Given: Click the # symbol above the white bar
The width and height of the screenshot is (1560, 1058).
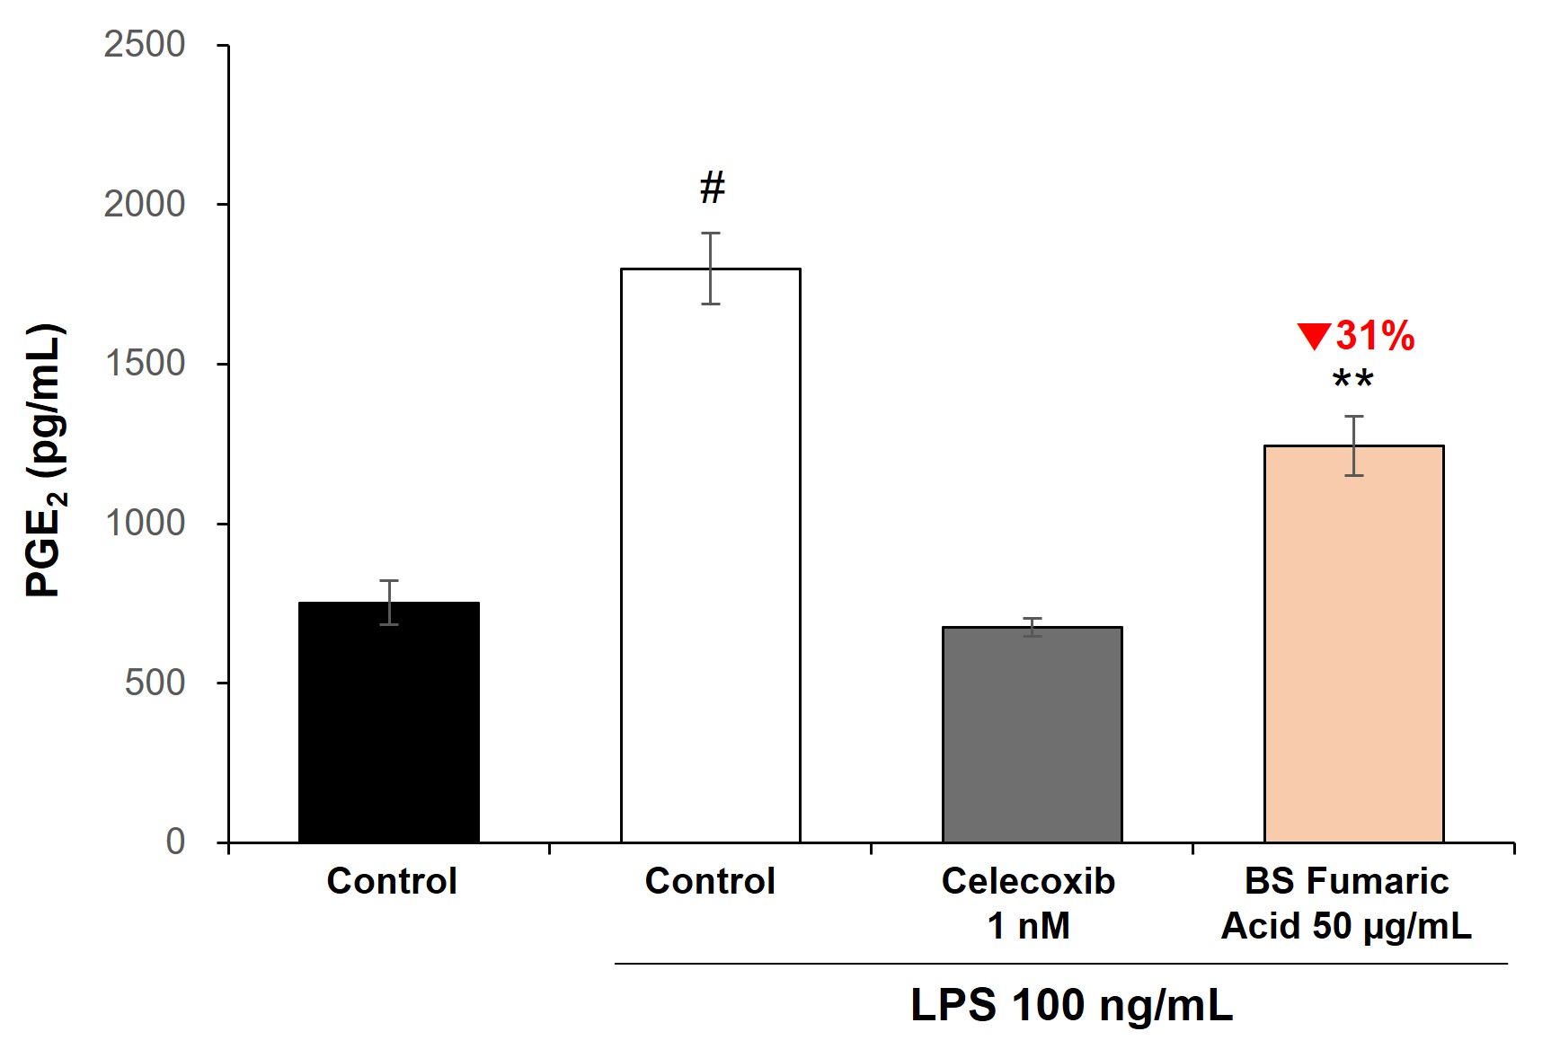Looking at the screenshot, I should (713, 188).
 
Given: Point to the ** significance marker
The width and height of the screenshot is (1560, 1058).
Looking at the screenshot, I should (1352, 380).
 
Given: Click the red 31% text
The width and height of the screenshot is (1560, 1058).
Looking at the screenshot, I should (1375, 337).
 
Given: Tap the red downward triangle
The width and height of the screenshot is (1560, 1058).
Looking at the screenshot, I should (1314, 337).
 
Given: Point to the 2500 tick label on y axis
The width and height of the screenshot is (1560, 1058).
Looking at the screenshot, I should (144, 44).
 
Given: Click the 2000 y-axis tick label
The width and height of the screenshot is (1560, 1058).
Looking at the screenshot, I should (144, 204).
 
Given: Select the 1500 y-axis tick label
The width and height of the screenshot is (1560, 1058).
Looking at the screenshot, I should (144, 364).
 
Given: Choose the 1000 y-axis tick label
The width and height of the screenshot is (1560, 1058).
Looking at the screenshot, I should (144, 523).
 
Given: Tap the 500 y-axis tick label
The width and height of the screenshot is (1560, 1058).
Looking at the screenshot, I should (155, 683).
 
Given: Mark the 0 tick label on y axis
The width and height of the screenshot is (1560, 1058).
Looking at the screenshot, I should (175, 842).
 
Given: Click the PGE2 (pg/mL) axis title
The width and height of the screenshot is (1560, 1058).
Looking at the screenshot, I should (45, 460).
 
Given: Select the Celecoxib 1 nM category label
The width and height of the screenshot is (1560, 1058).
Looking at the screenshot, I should (1028, 903).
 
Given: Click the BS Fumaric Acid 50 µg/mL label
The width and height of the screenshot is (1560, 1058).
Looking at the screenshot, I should (1346, 903).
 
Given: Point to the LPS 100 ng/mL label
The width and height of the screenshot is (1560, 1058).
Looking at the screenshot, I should (1071, 1005).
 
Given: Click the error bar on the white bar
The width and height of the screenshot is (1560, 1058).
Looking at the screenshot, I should (711, 268).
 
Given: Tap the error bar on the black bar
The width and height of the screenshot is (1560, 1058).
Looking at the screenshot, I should (389, 602).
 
